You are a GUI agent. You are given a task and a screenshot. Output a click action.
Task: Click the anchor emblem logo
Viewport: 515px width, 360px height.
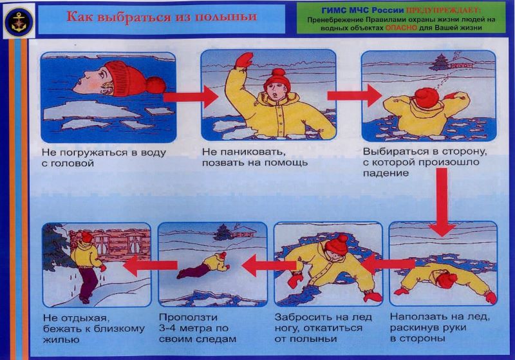(19, 21)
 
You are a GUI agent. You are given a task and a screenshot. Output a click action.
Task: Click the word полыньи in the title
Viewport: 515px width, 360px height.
(226, 17)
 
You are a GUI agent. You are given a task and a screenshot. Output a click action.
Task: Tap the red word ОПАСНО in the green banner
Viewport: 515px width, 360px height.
(401, 28)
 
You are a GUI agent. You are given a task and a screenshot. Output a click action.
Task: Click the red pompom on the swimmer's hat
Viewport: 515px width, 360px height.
(156, 85)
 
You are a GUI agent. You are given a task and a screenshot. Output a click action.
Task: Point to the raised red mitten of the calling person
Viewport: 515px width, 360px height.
(244, 60)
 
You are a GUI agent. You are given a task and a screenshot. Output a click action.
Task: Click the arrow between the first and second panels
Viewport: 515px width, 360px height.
(191, 97)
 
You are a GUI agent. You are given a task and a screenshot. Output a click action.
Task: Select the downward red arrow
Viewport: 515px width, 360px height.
(442, 202)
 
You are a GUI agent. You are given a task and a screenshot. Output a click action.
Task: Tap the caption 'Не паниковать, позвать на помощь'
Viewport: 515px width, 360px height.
(254, 157)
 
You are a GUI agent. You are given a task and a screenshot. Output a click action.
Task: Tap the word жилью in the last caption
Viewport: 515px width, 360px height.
(61, 339)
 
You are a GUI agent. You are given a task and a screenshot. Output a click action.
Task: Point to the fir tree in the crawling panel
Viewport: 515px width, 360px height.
(223, 232)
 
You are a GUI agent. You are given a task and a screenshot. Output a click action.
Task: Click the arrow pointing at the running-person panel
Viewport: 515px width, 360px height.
(151, 265)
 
